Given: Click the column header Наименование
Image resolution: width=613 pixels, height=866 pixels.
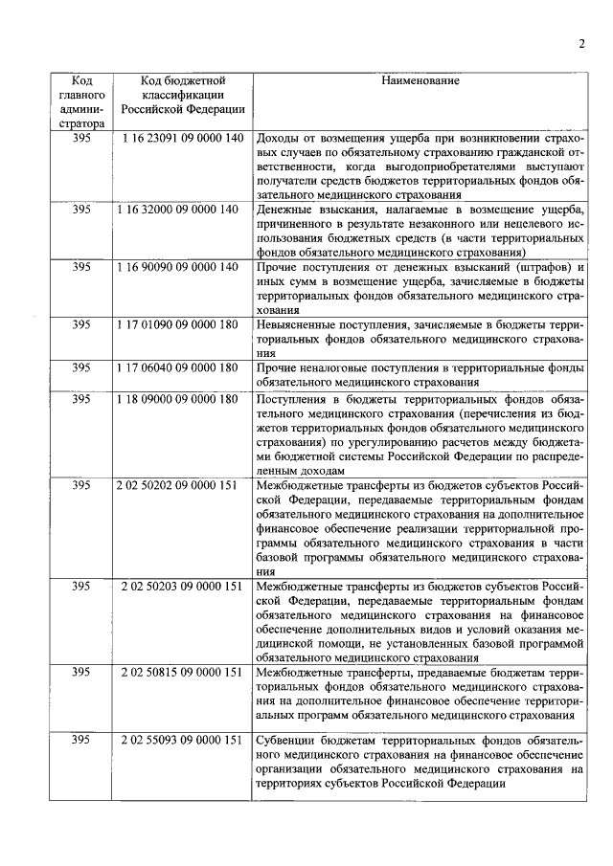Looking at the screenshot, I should click(420, 81).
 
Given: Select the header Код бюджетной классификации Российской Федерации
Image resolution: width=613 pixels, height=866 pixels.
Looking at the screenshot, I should click(182, 96).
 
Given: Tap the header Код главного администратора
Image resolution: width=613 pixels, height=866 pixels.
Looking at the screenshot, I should click(81, 102).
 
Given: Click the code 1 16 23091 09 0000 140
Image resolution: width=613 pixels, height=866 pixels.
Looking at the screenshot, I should click(182, 140).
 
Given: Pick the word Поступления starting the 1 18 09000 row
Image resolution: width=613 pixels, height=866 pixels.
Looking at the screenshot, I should click(291, 398).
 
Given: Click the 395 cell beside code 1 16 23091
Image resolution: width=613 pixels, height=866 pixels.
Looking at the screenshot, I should click(81, 140).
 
